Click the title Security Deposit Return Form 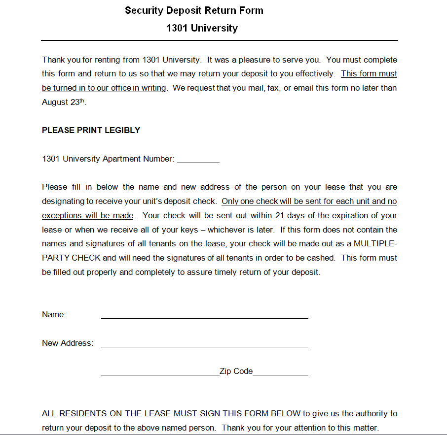click(194, 10)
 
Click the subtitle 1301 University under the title click(202, 28)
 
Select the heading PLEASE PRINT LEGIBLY click(91, 130)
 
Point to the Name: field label click(54, 315)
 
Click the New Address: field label click(68, 343)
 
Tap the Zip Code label click(236, 371)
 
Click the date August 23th click(64, 102)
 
